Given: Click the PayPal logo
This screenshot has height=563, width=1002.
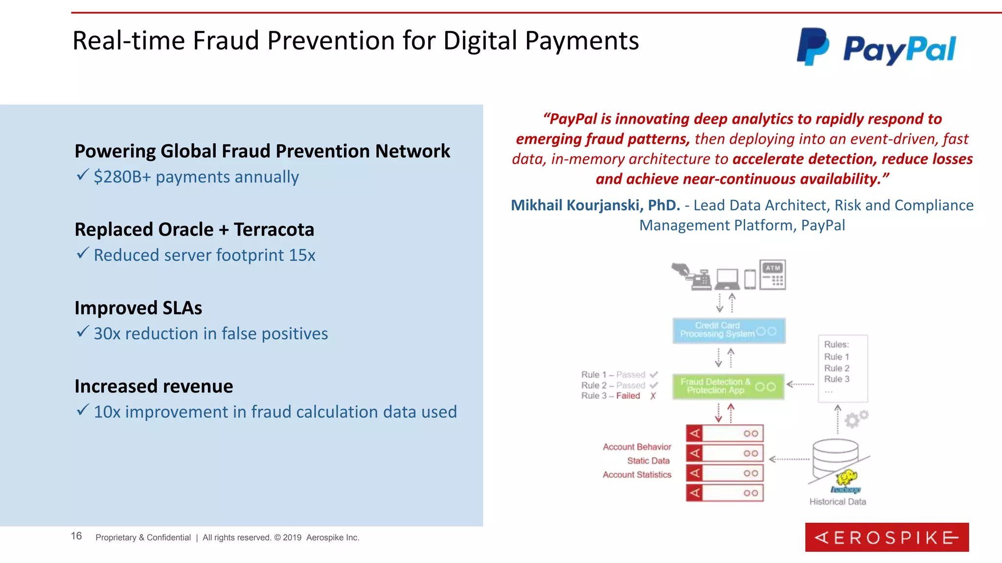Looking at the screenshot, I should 876,47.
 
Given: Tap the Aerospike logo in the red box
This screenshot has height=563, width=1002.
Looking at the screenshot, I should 887,538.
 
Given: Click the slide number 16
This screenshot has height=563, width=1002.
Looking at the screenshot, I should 76,536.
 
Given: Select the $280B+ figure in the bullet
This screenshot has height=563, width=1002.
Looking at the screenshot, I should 122,177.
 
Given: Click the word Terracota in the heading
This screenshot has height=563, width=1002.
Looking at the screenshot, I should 274,230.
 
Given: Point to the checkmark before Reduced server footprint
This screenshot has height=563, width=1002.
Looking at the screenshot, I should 83,253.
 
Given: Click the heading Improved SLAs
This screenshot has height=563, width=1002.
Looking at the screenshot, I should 138,308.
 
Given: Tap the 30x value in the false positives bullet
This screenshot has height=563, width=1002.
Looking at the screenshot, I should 107,334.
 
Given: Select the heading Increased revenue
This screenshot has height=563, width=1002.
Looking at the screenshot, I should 154,387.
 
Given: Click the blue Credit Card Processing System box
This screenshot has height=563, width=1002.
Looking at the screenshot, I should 729,330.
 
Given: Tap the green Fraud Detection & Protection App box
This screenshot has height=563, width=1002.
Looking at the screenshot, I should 728,387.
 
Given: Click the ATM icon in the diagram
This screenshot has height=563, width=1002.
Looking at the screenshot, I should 773,275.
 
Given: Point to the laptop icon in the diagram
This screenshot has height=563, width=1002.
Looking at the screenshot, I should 727,280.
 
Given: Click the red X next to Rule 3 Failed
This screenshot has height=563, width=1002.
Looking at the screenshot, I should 653,396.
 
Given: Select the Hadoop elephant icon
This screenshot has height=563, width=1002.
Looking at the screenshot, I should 846,478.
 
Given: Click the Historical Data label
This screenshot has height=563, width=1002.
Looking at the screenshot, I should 837,502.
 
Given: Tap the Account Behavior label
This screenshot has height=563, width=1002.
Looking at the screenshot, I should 637,447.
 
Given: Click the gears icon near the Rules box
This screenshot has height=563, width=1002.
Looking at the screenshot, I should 856,418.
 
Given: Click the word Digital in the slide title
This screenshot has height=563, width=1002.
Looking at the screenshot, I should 480,41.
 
